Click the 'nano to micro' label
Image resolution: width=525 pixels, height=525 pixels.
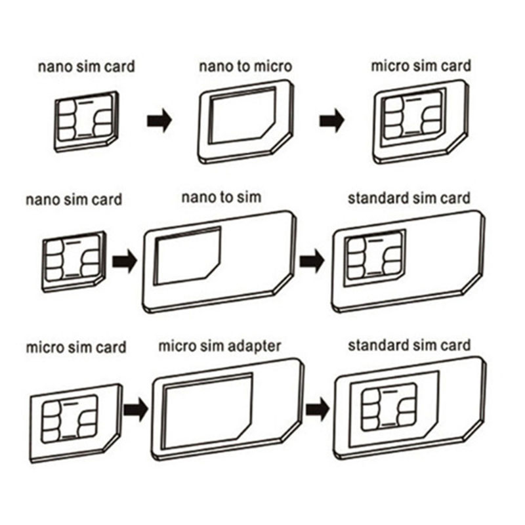pos(245,66)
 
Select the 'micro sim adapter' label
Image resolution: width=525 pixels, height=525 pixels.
pos(220,346)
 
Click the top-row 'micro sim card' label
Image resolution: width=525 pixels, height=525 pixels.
pos(421,66)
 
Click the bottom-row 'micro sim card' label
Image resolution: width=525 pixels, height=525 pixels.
pos(76,347)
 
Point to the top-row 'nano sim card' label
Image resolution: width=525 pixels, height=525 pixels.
pos(86,66)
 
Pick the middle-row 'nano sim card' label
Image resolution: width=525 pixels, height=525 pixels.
pos(73,199)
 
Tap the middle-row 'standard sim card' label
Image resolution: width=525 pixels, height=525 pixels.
pos(409,198)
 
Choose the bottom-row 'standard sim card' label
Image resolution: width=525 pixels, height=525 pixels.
pos(409,345)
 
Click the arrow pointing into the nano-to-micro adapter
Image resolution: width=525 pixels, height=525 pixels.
pos(159,121)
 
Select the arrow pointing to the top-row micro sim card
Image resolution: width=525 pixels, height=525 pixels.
pos(332,121)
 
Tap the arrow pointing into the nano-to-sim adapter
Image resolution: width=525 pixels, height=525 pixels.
pos(124,261)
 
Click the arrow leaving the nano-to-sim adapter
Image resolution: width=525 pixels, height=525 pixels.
pos(312,261)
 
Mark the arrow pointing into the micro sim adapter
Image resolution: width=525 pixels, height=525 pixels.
pos(135,408)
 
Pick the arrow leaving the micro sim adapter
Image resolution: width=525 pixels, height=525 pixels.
pos(317,408)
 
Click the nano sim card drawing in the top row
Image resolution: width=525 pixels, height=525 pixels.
pos(86,121)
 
